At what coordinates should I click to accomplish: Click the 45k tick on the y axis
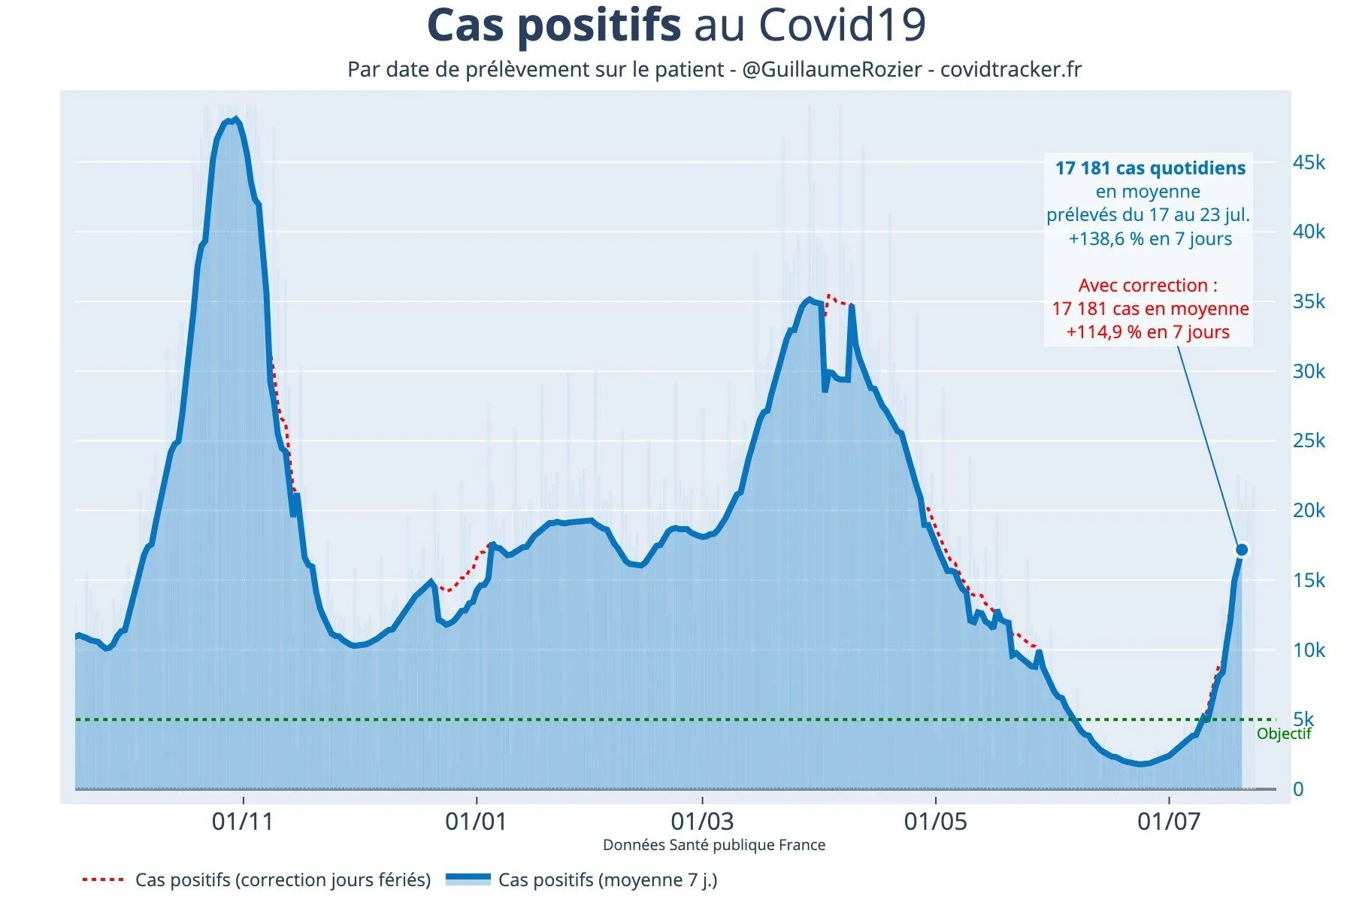(1309, 162)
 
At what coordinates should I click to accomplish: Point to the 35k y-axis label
(1309, 301)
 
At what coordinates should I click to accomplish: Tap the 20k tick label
(1309, 510)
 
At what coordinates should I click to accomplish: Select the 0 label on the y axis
(1298, 789)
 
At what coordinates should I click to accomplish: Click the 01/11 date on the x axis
(243, 821)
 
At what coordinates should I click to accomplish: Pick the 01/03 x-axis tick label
(701, 821)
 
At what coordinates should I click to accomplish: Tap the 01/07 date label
(1168, 821)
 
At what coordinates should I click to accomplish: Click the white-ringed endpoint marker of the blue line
(1242, 549)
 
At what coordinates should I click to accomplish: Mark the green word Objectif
(1284, 734)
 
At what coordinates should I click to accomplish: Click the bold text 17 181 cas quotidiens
(1150, 168)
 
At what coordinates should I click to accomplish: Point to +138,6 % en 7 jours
(1150, 239)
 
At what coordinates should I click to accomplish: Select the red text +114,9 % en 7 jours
(1148, 332)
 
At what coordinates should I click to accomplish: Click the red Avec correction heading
(1148, 286)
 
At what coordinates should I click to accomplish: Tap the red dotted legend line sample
(102, 879)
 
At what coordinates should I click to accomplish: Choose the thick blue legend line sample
(468, 879)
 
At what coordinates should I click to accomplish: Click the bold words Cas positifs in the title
(554, 26)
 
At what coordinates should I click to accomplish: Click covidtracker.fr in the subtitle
(1011, 70)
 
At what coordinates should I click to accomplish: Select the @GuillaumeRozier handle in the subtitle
(832, 70)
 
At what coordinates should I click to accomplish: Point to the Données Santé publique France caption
(714, 845)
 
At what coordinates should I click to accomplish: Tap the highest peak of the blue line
(236, 119)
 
